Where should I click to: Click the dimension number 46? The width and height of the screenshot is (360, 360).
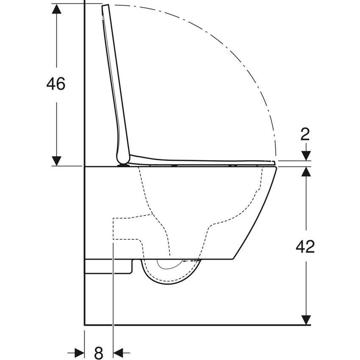[x=56, y=84]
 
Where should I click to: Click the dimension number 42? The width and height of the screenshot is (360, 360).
[x=305, y=246]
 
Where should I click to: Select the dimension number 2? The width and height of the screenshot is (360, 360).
[x=305, y=134]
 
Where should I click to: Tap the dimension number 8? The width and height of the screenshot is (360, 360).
[x=98, y=352]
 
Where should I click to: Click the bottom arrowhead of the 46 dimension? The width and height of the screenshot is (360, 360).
[x=56, y=161]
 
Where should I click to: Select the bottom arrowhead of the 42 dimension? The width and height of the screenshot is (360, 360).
[x=305, y=320]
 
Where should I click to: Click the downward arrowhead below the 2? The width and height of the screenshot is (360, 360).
[x=305, y=156]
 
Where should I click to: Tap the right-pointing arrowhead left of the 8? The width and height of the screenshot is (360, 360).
[x=79, y=352]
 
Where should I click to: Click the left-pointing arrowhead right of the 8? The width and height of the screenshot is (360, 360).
[x=119, y=352]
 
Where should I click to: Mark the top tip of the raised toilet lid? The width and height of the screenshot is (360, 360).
[x=105, y=6]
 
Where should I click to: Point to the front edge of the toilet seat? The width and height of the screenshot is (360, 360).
[x=273, y=162]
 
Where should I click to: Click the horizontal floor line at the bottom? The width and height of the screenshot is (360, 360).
[x=195, y=325]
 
